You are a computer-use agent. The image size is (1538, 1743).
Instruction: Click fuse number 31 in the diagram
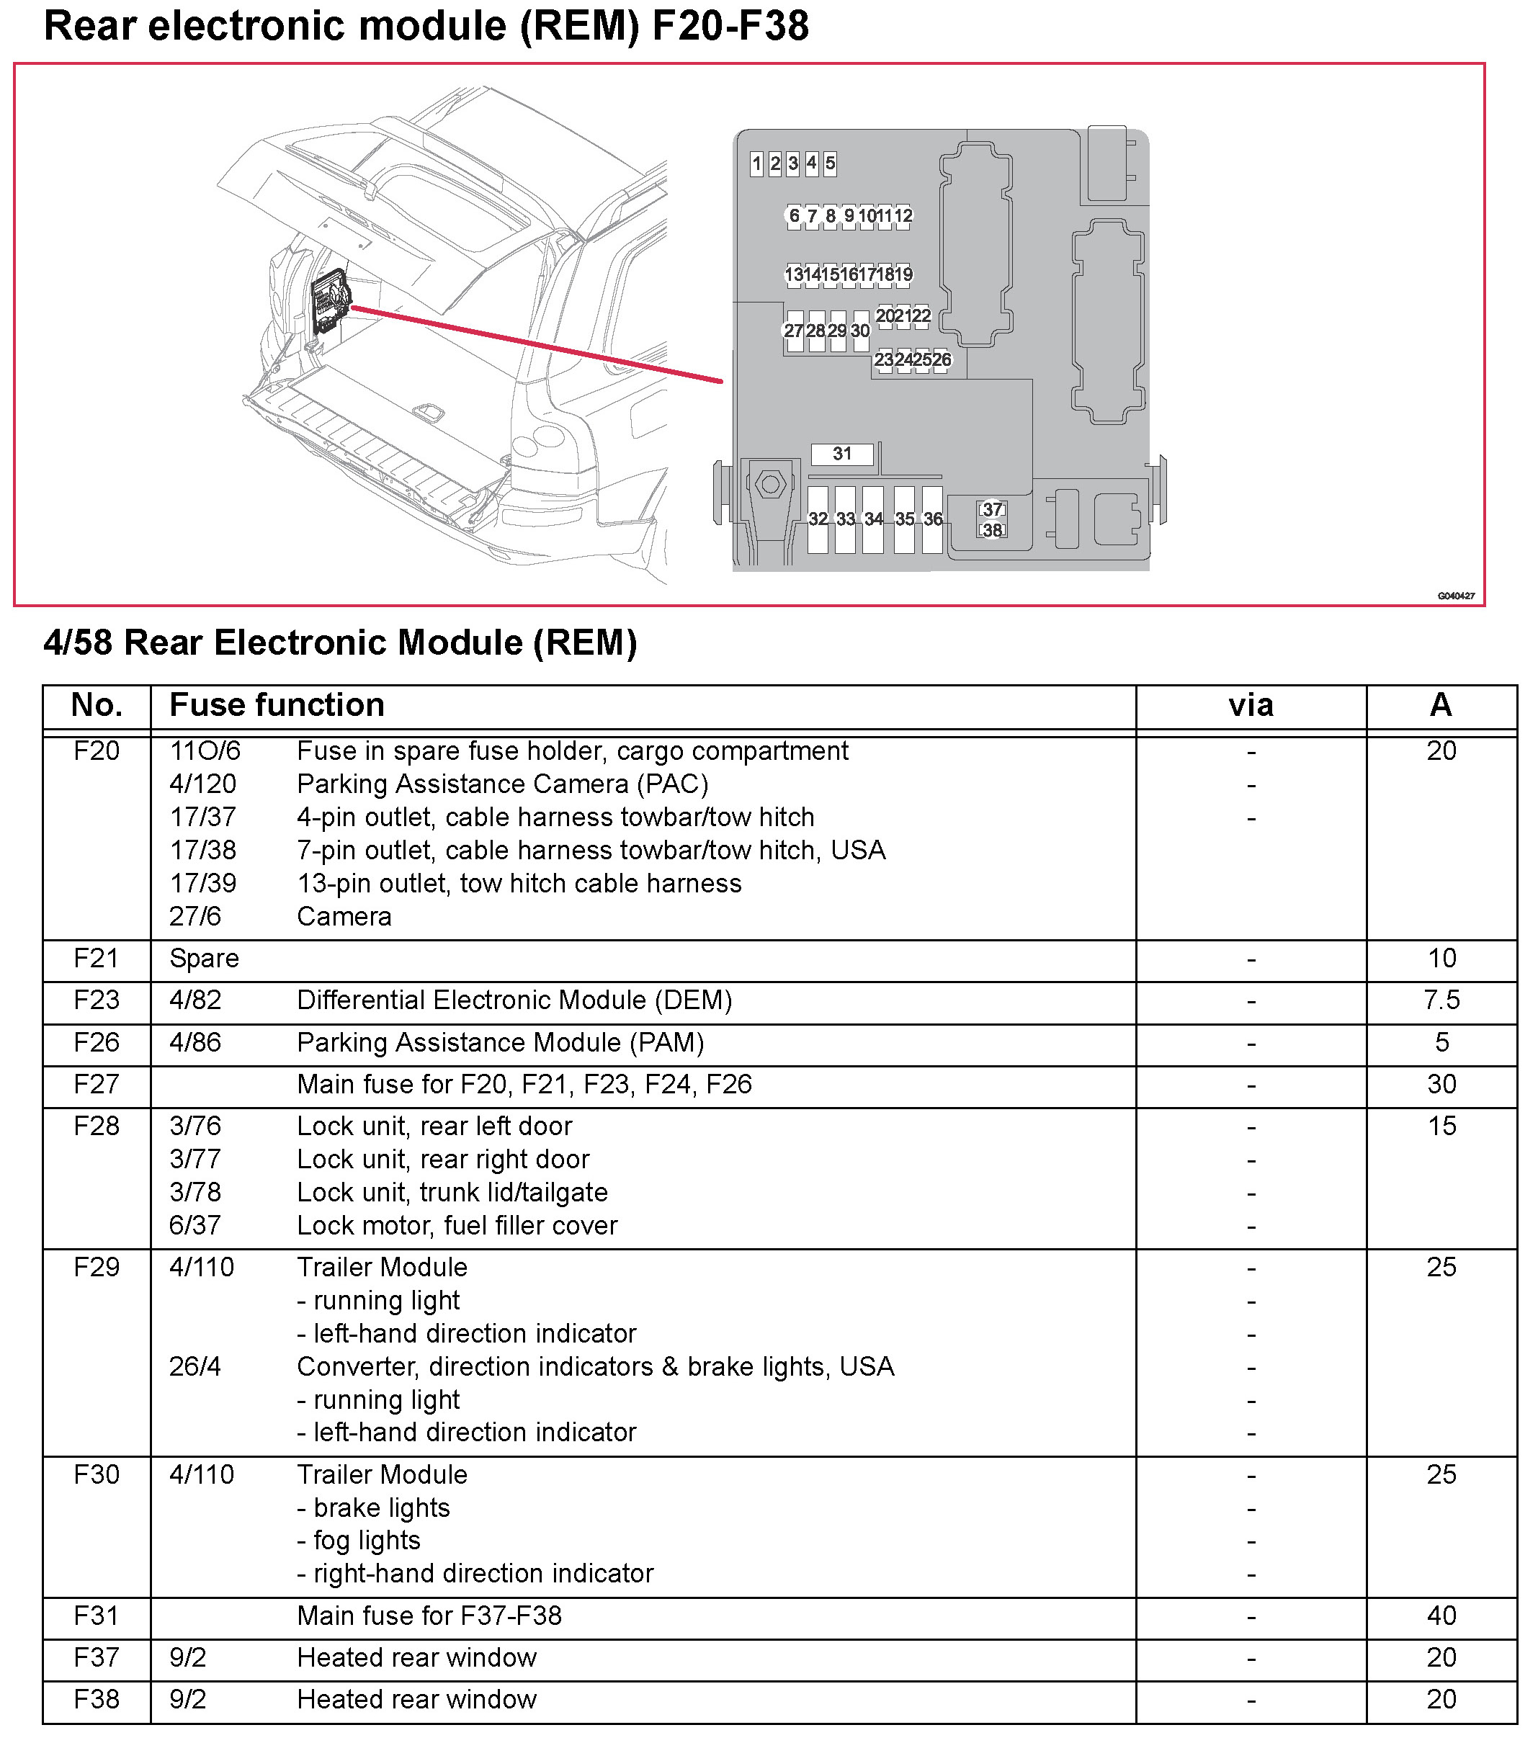842,454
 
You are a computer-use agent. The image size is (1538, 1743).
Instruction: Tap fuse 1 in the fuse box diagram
756,163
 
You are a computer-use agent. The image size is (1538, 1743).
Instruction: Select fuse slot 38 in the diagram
992,530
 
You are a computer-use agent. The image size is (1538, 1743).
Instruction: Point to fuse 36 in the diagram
933,519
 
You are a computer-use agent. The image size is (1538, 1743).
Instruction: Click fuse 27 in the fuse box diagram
793,331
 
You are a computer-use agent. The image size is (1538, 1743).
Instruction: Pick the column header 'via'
1251,705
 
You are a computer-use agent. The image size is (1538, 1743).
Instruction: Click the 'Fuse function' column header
277,705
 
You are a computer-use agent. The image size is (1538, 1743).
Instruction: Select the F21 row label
97,959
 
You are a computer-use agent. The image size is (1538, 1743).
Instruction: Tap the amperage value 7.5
1441,1000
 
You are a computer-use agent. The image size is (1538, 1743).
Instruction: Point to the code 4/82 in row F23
195,1000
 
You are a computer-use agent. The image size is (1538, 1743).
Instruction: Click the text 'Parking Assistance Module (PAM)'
501,1042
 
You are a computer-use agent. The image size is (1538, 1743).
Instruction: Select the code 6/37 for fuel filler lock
195,1225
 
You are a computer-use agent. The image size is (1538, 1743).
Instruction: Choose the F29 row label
97,1267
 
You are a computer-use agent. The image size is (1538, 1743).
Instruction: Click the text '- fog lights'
359,1540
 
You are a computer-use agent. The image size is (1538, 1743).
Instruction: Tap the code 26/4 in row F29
195,1366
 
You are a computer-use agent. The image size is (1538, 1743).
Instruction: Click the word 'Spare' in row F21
205,959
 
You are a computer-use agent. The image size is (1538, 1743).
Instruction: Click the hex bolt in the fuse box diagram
771,484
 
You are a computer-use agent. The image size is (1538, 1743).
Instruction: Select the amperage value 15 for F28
1441,1126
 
